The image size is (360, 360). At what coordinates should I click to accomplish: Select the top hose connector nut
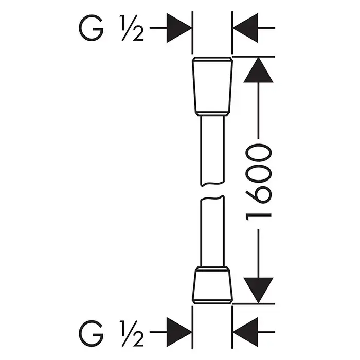pos(212,86)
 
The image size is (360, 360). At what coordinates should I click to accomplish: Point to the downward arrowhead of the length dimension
pos(258,289)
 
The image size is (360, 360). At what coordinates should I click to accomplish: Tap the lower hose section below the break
pos(212,231)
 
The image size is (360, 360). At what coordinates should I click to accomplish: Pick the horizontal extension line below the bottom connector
pos(252,303)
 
